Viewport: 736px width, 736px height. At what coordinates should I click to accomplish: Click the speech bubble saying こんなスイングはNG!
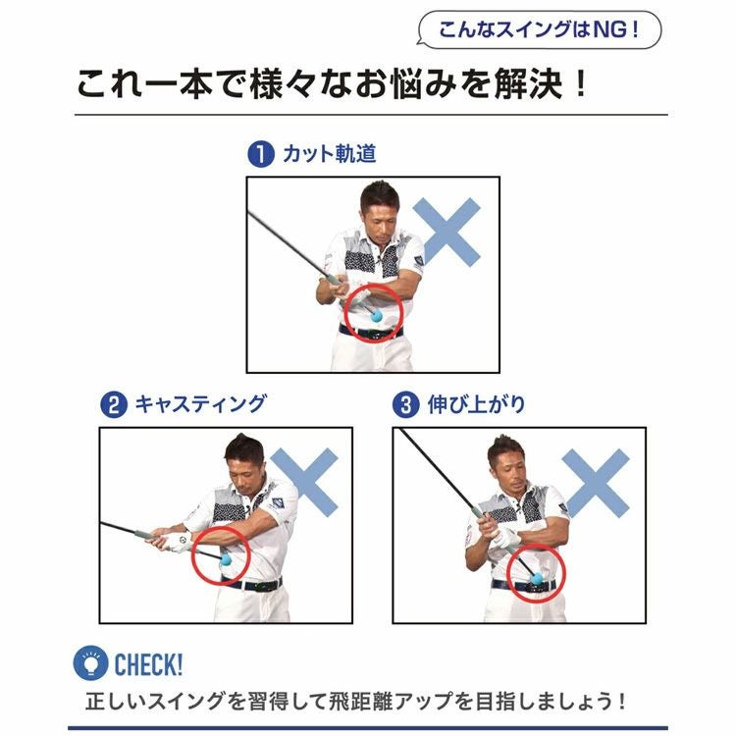point(539,30)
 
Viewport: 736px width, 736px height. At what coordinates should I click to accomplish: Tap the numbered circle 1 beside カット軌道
point(261,154)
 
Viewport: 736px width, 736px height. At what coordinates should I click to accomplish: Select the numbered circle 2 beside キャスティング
point(114,404)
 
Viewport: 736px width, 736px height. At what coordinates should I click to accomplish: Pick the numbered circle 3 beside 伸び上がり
point(406,404)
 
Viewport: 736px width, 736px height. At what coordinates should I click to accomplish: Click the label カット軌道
point(330,154)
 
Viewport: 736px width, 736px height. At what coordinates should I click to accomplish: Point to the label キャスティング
point(201,404)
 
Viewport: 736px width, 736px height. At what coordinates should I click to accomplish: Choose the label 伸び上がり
point(476,404)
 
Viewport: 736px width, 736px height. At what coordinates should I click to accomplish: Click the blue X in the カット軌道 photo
point(447,233)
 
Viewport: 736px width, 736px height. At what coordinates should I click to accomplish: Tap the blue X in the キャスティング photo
point(304,483)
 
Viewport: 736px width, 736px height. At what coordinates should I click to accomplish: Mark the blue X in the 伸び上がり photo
point(596,484)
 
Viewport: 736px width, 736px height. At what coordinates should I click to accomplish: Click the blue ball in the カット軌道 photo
point(377,315)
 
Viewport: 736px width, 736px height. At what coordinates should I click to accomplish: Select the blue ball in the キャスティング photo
point(226,559)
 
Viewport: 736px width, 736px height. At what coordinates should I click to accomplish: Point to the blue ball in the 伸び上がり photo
point(536,578)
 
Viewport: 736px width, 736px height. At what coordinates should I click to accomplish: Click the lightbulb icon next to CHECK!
point(90,662)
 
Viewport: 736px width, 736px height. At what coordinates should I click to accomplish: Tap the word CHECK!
point(148,663)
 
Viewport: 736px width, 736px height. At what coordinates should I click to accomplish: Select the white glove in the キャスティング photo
point(179,542)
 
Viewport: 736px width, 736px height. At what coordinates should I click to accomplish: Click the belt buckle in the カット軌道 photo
point(373,335)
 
